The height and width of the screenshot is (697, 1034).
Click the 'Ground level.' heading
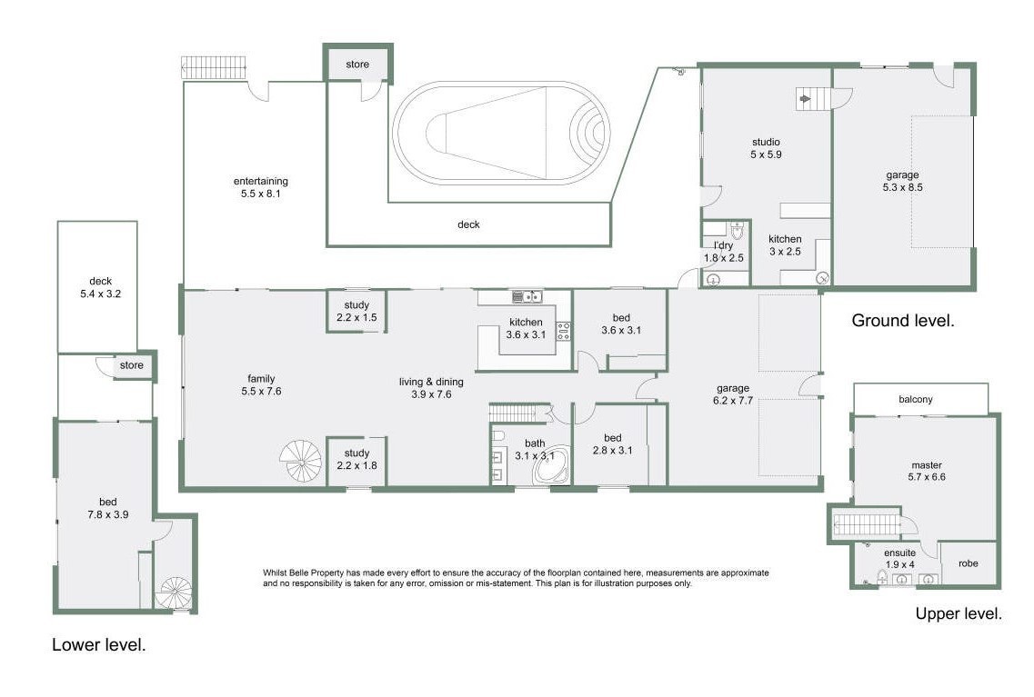903,321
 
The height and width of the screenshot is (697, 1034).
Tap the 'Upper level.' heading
959,614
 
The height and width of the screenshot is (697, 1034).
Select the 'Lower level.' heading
99,645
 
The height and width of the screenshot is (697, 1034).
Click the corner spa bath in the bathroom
552,465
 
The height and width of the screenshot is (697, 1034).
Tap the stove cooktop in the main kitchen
563,331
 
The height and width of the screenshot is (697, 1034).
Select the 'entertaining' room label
260,181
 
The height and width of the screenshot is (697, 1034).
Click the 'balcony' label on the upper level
915,399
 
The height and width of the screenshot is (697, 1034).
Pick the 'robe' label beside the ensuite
968,563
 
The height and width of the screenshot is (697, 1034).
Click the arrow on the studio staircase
805,99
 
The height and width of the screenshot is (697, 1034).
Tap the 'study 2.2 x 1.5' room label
356,311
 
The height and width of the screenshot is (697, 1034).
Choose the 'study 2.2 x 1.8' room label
356,459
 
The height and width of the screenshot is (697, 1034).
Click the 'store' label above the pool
357,65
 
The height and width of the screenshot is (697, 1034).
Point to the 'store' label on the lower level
131,365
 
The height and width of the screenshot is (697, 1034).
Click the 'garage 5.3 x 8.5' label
903,181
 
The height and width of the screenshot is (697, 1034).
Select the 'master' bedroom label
927,465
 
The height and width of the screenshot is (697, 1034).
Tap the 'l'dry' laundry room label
723,245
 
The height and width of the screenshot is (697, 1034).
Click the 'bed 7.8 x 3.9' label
108,508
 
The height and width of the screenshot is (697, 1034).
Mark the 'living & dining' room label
431,382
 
